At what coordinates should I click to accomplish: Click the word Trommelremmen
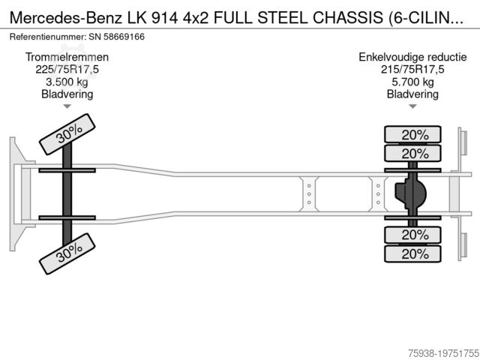pyautogui.click(x=67, y=57)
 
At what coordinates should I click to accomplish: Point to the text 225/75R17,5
pyautogui.click(x=67, y=70)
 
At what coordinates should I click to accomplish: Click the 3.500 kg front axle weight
pyautogui.click(x=67, y=82)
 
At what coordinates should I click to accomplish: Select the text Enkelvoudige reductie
pyautogui.click(x=412, y=57)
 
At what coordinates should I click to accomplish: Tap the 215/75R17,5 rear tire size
pyautogui.click(x=412, y=70)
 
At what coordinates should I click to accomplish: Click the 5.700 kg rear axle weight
pyautogui.click(x=412, y=82)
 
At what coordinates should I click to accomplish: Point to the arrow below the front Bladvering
pyautogui.click(x=67, y=107)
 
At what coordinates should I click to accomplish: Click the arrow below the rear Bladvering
pyautogui.click(x=412, y=107)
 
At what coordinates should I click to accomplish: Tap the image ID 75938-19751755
pyautogui.click(x=434, y=351)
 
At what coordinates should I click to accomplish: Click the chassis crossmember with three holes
pyautogui.click(x=308, y=194)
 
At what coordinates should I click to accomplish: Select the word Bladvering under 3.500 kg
pyautogui.click(x=67, y=94)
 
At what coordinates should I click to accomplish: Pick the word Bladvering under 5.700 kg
pyautogui.click(x=412, y=94)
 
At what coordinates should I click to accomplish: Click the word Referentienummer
pyautogui.click(x=46, y=36)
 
